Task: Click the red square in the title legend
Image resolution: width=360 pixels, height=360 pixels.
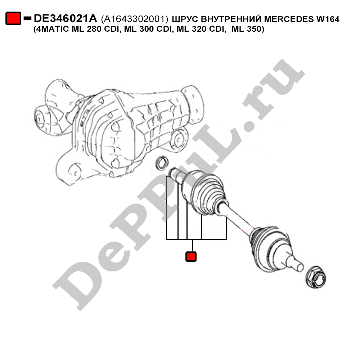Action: click(x=13, y=18)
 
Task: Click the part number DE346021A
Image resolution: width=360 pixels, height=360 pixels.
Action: click(x=65, y=19)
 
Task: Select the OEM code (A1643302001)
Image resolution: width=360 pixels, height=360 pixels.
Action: click(x=135, y=19)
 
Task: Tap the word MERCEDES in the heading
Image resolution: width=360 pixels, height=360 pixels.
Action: click(x=288, y=19)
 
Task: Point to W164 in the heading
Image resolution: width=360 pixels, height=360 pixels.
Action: click(x=328, y=19)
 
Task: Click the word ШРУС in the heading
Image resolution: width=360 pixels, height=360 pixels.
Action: click(x=185, y=19)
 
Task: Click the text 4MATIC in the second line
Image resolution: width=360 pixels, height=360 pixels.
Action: click(x=52, y=29)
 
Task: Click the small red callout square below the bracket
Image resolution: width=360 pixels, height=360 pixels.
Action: click(x=191, y=256)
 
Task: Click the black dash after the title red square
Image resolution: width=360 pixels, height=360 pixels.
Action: click(x=28, y=18)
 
